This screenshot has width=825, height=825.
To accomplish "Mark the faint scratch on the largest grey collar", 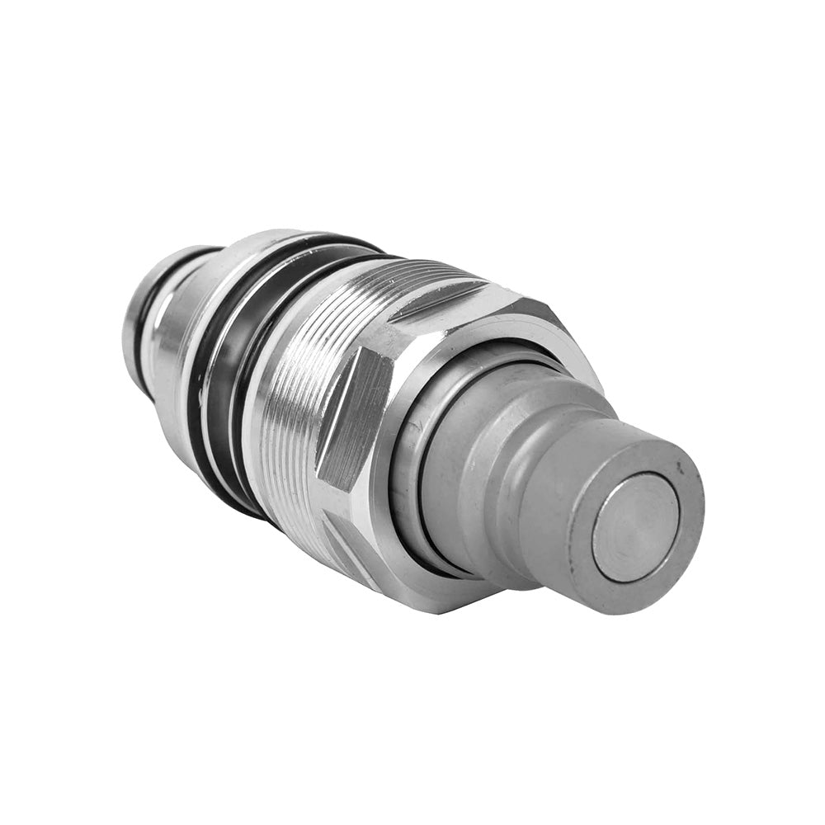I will [462, 495].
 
